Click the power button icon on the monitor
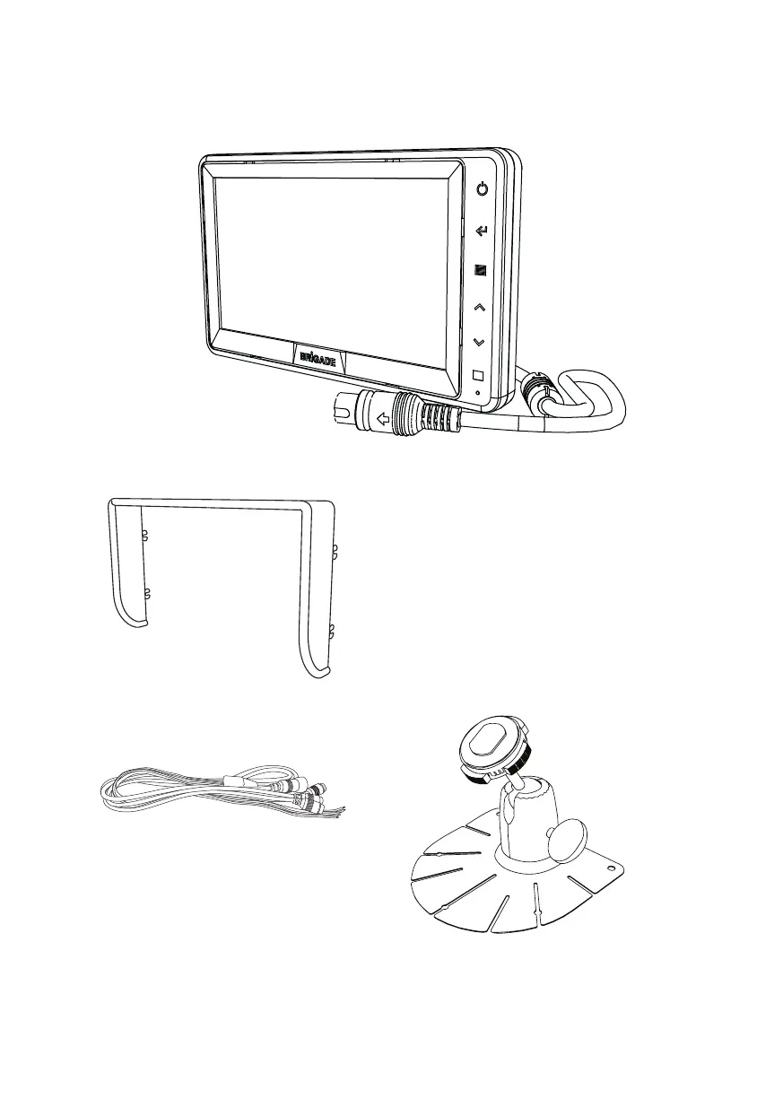point(483,190)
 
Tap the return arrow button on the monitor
point(482,232)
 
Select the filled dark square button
point(481,269)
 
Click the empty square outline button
point(478,376)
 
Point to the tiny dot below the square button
point(477,392)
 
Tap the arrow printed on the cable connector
point(384,416)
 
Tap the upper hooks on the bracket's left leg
point(144,536)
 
